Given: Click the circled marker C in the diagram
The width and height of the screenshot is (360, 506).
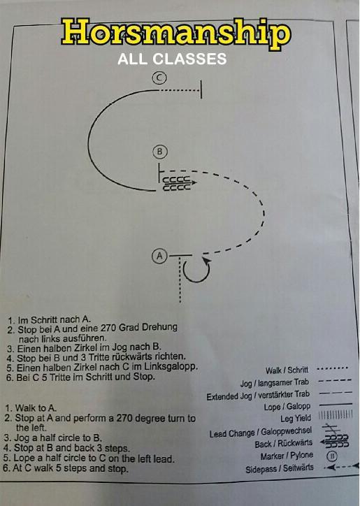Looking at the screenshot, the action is tap(159, 78).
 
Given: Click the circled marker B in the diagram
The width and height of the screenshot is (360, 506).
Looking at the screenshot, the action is tap(160, 152).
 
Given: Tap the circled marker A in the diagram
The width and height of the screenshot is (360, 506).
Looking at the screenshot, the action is tap(159, 256).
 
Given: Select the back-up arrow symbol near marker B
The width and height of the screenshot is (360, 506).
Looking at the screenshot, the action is tap(179, 183).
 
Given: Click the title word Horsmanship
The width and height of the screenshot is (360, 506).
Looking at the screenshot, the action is tap(177, 34).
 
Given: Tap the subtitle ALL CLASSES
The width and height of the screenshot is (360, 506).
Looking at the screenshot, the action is tap(172, 59).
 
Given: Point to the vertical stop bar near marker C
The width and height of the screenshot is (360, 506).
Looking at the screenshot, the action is tap(201, 89).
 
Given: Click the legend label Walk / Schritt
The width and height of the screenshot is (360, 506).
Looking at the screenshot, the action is tap(287, 370).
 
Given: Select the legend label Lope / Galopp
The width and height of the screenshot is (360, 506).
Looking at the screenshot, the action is tap(287, 406).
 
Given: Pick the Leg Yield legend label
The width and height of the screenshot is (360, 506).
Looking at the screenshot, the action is tap(296, 418).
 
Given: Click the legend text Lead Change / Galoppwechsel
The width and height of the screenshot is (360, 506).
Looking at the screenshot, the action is tap(261, 432).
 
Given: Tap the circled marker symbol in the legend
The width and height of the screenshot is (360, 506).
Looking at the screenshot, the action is tap(332, 456).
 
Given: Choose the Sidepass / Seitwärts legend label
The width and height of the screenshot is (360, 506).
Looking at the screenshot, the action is tap(280, 468).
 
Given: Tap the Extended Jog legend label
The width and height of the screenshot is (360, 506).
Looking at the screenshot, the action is tap(258, 395).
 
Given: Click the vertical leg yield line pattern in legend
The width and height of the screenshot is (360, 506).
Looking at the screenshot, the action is tap(336, 415).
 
